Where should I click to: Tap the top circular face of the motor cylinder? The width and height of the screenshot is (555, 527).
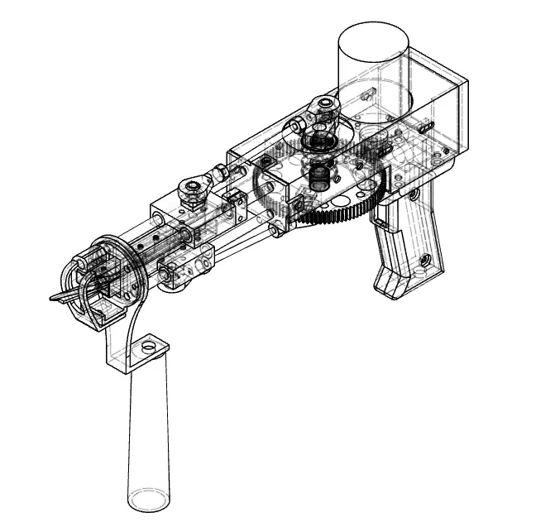375,39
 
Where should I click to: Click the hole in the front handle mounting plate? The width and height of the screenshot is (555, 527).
149,347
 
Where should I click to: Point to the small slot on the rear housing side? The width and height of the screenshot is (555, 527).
424,128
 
